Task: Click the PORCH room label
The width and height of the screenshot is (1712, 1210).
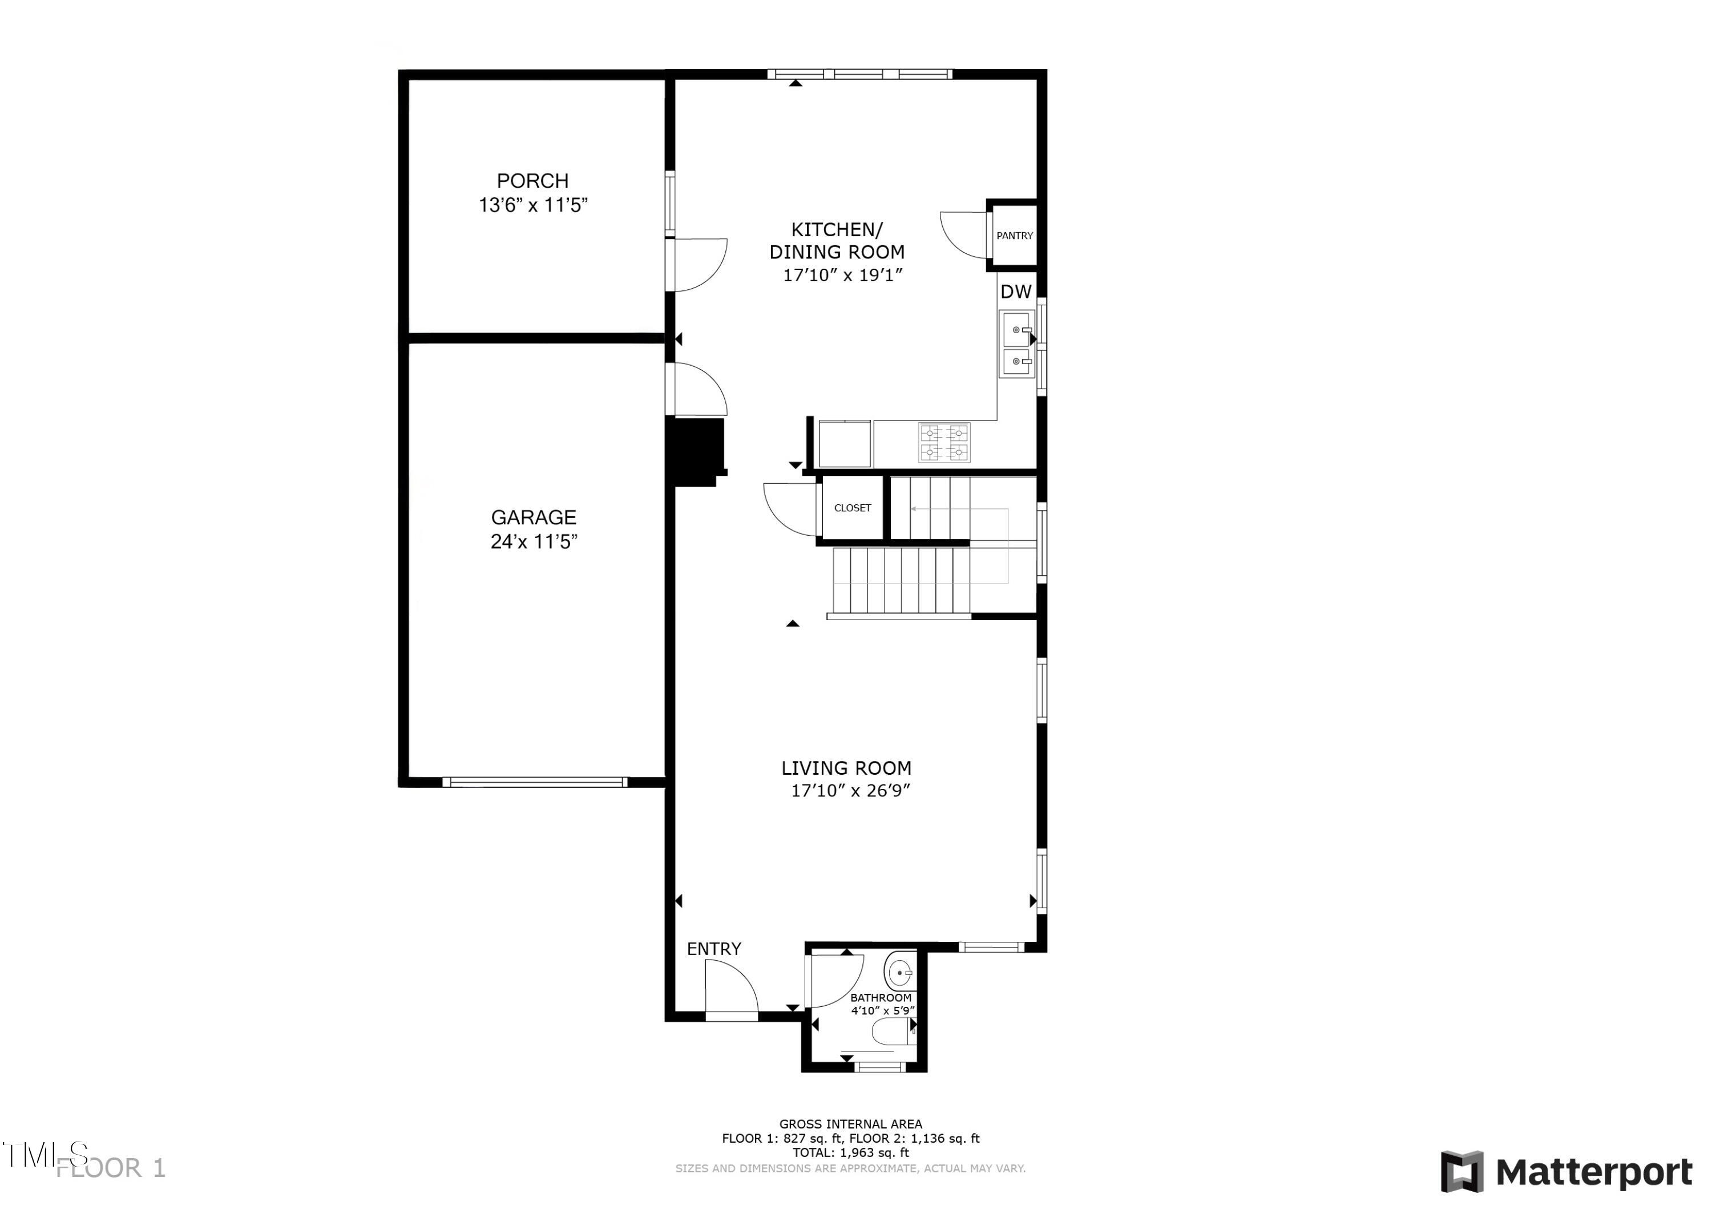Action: coord(532,180)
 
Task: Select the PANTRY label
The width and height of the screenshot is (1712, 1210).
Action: coord(1014,236)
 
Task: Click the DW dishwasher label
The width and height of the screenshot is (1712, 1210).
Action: coord(1016,292)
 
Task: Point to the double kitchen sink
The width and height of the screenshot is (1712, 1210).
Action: coord(1017,345)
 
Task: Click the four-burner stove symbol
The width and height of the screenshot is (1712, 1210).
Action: coord(944,442)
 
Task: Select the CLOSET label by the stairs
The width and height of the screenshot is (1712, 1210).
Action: coord(852,508)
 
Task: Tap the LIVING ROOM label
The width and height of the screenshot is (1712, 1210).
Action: coord(846,768)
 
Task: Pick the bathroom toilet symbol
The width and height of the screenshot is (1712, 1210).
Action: coord(890,1033)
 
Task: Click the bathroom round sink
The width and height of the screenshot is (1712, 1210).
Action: coord(900,972)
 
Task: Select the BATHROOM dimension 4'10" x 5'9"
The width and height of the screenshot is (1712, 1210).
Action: coord(883,1011)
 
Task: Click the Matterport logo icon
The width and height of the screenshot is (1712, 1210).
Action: coord(1461,1171)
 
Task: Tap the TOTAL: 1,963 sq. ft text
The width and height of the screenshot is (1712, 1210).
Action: coord(851,1152)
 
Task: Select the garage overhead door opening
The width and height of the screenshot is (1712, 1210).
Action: coord(535,782)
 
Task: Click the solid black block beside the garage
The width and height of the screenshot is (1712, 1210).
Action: coord(696,451)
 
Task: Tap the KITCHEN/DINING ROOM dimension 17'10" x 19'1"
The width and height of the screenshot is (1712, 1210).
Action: coord(842,275)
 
